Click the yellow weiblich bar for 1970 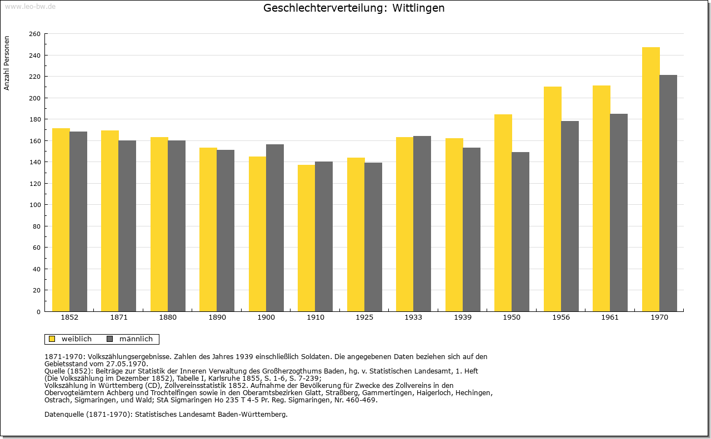click(650, 179)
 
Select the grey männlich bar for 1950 click(520, 232)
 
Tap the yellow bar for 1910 click(306, 238)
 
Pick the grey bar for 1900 click(275, 228)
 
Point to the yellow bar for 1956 click(553, 199)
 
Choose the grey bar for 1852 click(78, 222)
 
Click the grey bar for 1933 click(422, 224)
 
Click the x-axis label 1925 click(364, 317)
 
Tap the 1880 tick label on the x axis click(168, 317)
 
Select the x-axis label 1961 click(610, 317)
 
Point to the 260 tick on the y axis click(34, 34)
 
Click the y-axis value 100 click(34, 205)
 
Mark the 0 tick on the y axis click(38, 312)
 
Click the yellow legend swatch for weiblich click(52, 339)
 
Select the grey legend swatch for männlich click(110, 339)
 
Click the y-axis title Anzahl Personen click(7, 63)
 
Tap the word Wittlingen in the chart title click(418, 8)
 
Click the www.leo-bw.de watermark click(30, 6)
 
